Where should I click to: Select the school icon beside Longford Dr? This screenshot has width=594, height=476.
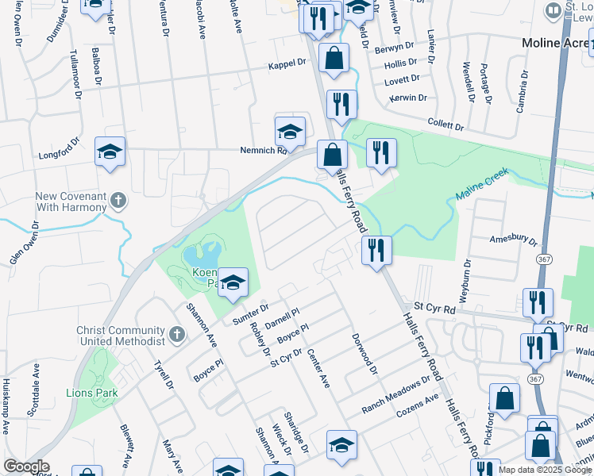[x=110, y=152]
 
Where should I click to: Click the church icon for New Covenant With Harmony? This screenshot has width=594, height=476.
[x=118, y=198]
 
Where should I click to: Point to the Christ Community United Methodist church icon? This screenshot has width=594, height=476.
[x=177, y=335]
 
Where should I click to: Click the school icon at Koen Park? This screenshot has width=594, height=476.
[x=233, y=282]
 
